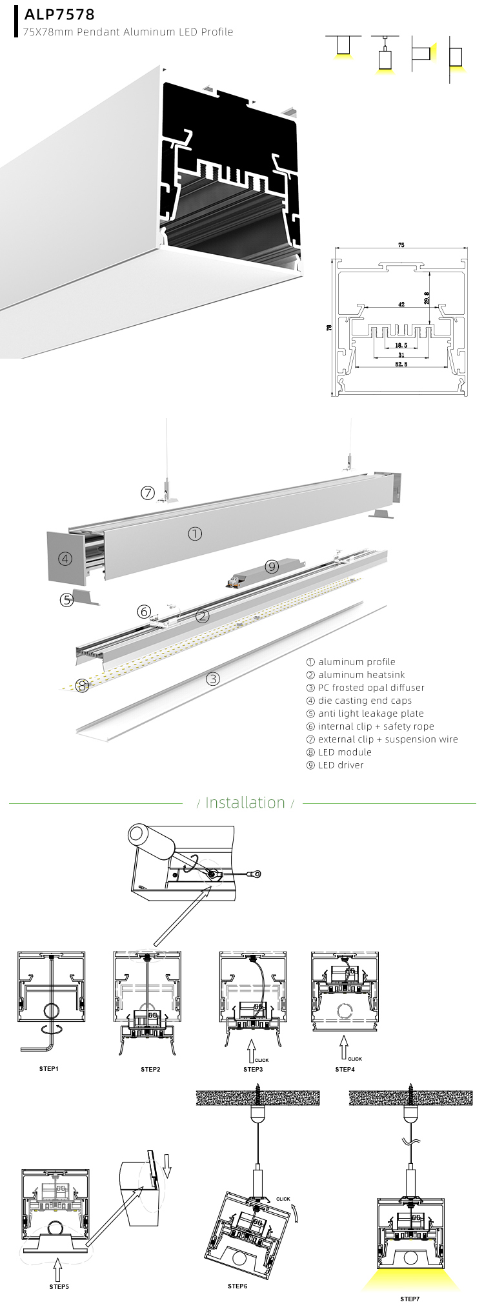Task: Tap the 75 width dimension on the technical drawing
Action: pyautogui.click(x=401, y=245)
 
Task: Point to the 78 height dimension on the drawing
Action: pyautogui.click(x=329, y=328)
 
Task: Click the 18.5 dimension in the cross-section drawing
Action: pyautogui.click(x=401, y=345)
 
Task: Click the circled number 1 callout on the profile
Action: pyautogui.click(x=195, y=534)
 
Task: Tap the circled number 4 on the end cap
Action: pyautogui.click(x=65, y=559)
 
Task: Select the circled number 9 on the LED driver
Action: pyautogui.click(x=272, y=566)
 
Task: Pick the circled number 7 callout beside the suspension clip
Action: pyautogui.click(x=148, y=494)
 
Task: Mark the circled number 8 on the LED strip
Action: pyautogui.click(x=82, y=685)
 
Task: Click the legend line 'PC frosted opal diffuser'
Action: pyautogui.click(x=365, y=688)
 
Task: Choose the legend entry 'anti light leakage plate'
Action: pyautogui.click(x=365, y=714)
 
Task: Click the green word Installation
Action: pyautogui.click(x=245, y=803)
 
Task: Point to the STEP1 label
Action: pyautogui.click(x=49, y=1069)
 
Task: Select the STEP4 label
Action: pyautogui.click(x=345, y=1069)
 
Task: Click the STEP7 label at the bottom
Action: pyautogui.click(x=410, y=1299)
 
